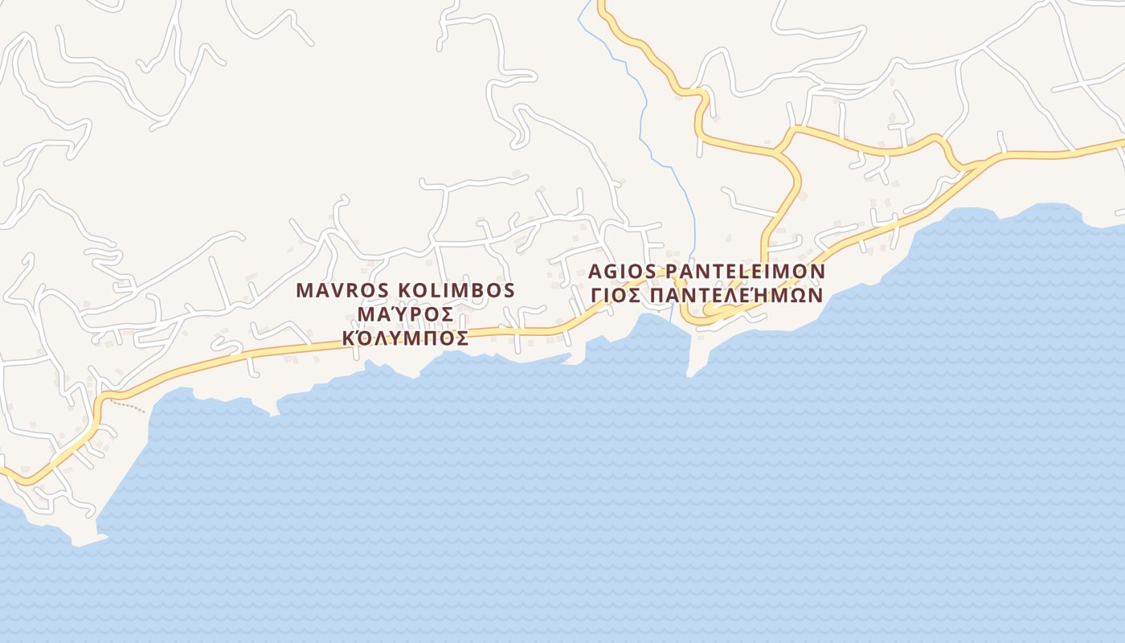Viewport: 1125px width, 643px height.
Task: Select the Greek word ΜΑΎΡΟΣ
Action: pyautogui.click(x=405, y=314)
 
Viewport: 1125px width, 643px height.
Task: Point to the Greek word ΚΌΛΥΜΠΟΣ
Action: pyautogui.click(x=405, y=338)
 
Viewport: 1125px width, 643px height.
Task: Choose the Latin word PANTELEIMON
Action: pyautogui.click(x=746, y=271)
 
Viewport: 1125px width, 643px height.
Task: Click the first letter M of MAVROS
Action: pyautogui.click(x=304, y=290)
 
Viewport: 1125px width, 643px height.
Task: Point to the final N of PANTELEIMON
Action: pyautogui.click(x=817, y=271)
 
